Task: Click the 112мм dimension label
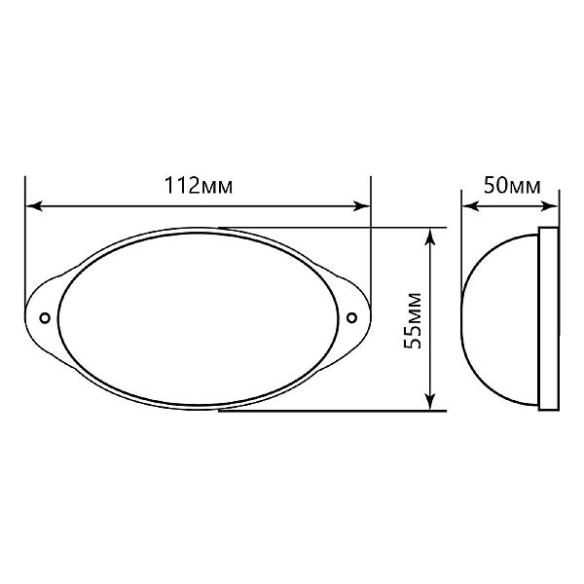tap(199, 185)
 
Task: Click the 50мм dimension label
tap(512, 185)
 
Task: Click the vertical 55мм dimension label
tap(413, 321)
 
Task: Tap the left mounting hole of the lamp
tap(45, 318)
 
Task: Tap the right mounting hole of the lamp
tap(351, 317)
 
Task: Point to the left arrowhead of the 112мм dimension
tap(34, 206)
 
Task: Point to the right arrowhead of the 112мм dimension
tap(362, 206)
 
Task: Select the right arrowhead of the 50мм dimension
tap(550, 206)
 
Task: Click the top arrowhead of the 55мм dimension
tap(430, 237)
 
